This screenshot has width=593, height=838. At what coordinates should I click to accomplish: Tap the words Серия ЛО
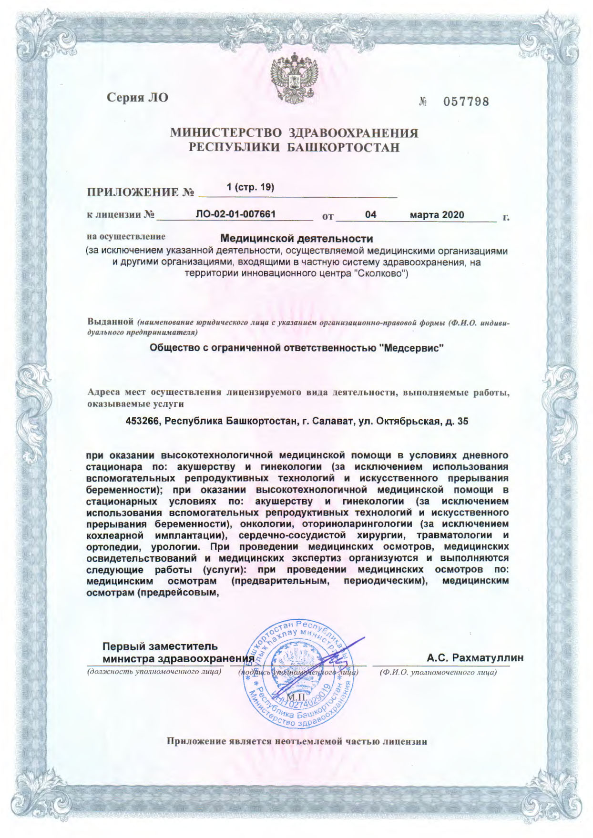(x=137, y=98)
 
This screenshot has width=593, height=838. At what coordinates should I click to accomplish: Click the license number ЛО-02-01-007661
(x=235, y=214)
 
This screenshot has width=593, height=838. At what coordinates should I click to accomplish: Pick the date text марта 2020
(x=437, y=215)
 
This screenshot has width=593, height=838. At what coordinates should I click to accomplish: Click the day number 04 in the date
(x=370, y=215)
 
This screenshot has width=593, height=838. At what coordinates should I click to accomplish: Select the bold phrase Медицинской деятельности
(x=296, y=238)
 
